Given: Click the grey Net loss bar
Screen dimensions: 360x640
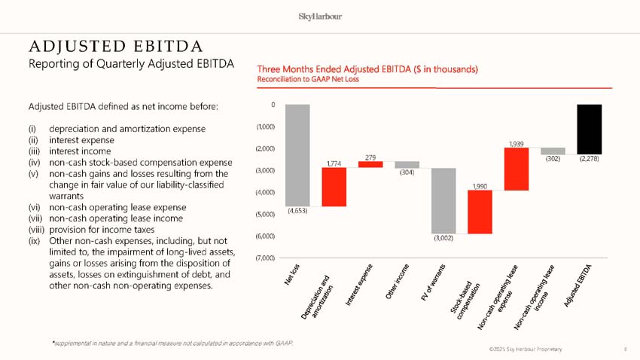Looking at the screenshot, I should coord(297,154).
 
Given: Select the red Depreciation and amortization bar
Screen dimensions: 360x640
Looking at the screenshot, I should coord(334,187).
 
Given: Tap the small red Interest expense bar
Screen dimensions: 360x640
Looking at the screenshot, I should coord(370,164).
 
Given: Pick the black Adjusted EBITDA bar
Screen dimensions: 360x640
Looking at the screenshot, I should coord(589,129).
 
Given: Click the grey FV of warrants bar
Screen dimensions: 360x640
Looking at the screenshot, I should coord(443,200).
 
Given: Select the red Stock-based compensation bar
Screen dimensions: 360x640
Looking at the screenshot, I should coord(480,212).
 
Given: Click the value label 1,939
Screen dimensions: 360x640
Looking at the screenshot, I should coord(517,142).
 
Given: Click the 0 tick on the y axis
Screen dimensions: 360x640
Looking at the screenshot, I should coord(273,105).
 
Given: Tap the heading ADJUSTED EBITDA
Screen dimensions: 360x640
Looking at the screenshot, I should coord(105,44).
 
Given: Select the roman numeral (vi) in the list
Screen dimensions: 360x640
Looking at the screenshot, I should coord(34,207).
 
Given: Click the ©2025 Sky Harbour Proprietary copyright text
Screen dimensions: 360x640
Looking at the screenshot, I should coord(525,350).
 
